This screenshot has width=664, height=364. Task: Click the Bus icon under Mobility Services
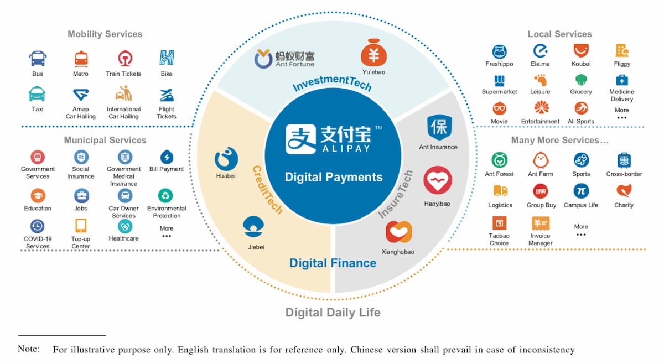(x=38, y=58)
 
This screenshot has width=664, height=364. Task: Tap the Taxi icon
(x=38, y=93)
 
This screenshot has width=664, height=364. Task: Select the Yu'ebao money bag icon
(x=373, y=55)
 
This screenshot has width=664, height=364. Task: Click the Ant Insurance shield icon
(x=438, y=127)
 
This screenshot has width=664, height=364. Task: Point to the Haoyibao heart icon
(x=438, y=181)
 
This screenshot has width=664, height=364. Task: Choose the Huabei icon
(x=226, y=159)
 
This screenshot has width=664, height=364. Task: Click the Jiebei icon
(x=255, y=227)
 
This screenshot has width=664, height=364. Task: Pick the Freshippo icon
(x=499, y=51)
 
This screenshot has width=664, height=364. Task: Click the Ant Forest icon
(x=499, y=160)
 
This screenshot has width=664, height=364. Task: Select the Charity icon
(x=624, y=191)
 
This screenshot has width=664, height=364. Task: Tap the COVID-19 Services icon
(x=38, y=226)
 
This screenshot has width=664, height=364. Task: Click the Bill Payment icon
(x=166, y=157)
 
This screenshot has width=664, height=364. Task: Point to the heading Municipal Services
(x=105, y=140)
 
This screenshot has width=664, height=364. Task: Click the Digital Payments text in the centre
(x=333, y=177)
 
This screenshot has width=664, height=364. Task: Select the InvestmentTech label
(x=332, y=83)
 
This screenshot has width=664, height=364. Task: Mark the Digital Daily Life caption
(x=333, y=313)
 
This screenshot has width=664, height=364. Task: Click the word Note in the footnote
(x=29, y=349)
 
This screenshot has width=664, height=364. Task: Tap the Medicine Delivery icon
(x=621, y=80)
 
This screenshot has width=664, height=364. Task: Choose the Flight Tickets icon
(x=166, y=93)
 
